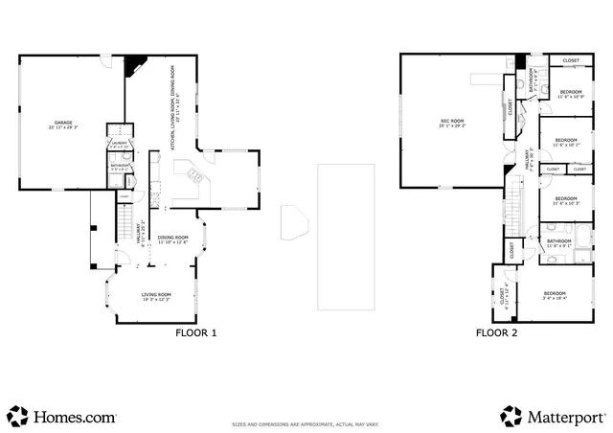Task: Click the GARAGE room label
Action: pos(63,124)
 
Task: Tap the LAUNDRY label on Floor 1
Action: pos(119,145)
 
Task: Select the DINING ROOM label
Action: pos(173,239)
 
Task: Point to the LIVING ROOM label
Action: pos(156,296)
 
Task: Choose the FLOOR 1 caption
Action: pos(195,333)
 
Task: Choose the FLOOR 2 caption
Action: pos(496,333)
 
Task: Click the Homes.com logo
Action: pos(62,417)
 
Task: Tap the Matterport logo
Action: pos(553,417)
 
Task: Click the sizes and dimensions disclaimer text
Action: pos(306,424)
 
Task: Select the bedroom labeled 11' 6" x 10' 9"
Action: pos(571,94)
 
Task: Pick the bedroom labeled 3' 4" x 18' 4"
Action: pos(555,295)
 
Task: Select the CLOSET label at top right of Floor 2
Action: pos(571,61)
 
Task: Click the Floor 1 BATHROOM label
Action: pos(120,168)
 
